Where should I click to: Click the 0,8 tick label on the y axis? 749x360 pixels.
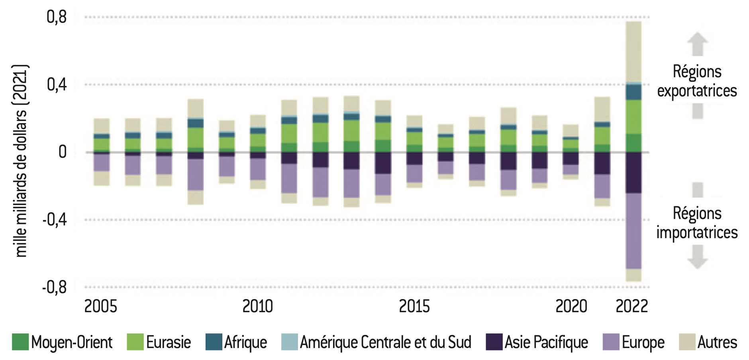(x=57, y=17)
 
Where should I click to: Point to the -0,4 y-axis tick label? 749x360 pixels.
(x=55, y=219)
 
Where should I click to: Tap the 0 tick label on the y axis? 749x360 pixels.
(x=63, y=152)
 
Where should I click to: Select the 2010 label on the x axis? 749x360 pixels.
(x=257, y=306)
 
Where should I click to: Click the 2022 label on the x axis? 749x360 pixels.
(x=631, y=306)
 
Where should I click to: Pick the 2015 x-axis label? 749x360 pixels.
(x=414, y=306)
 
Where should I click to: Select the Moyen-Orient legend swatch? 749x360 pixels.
(x=20, y=342)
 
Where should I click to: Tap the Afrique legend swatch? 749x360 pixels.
(x=214, y=342)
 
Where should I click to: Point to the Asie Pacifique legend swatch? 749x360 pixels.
(x=494, y=342)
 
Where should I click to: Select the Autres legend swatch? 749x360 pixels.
(x=687, y=342)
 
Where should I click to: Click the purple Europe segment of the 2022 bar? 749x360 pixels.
(x=633, y=231)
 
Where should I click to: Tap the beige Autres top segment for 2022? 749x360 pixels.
(x=633, y=52)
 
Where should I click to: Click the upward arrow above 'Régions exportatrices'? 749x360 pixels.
(x=698, y=44)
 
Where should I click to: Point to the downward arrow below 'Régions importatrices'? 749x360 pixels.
(x=698, y=257)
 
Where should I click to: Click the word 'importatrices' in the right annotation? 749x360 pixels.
(x=697, y=233)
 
